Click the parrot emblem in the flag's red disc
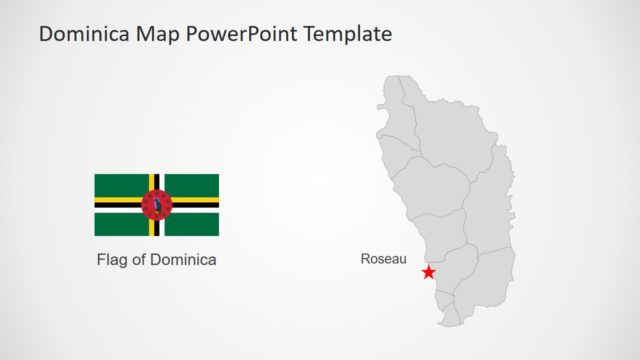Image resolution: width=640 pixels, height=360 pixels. pyautogui.click(x=156, y=204)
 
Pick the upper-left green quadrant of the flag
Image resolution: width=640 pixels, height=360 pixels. pyautogui.click(x=120, y=184)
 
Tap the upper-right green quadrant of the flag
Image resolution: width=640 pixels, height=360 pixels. pyautogui.click(x=192, y=184)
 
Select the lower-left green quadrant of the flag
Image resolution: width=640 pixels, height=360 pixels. pyautogui.click(x=120, y=224)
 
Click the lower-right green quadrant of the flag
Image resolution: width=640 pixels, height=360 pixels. pyautogui.click(x=192, y=224)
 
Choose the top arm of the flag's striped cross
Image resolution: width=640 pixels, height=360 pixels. pyautogui.click(x=156, y=181)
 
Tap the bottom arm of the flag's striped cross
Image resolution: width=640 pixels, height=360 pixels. pyautogui.click(x=156, y=228)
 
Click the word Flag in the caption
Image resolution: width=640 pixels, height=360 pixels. pyautogui.click(x=113, y=260)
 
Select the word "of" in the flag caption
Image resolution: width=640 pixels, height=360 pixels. pyautogui.click(x=141, y=260)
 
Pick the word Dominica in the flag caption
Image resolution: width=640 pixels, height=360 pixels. pyautogui.click(x=184, y=260)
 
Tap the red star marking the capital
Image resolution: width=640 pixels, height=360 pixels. pyautogui.click(x=429, y=272)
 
